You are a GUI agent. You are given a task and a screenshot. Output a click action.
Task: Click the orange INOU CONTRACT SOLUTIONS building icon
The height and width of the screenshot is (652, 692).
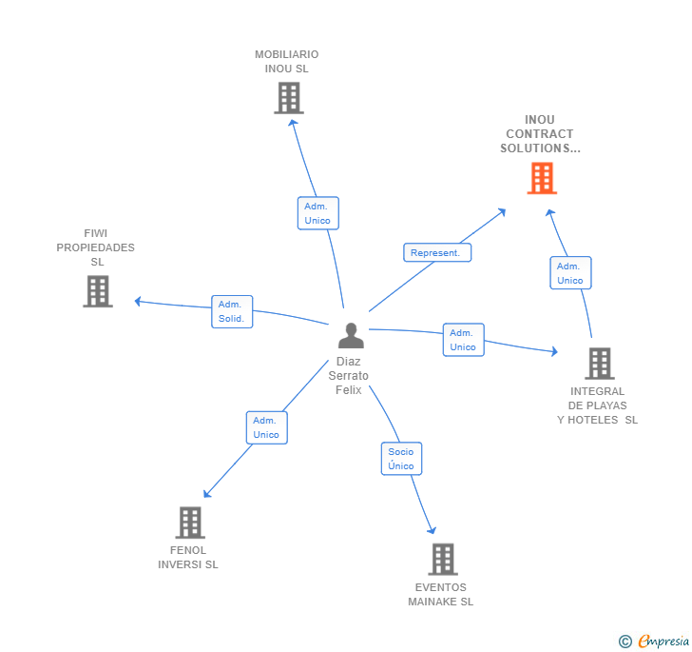click(542, 178)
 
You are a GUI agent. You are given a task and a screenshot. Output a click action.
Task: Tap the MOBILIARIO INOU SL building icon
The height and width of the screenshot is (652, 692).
click(288, 98)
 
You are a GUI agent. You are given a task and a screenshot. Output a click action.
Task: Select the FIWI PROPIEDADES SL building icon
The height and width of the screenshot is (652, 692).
click(97, 291)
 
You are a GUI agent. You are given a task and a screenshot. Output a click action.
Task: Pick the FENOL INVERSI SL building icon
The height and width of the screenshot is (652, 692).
click(190, 523)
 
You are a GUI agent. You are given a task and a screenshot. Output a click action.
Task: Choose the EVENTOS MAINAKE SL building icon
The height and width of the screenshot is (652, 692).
click(442, 560)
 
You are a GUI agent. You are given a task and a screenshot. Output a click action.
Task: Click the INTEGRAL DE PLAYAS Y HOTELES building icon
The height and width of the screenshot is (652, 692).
click(599, 364)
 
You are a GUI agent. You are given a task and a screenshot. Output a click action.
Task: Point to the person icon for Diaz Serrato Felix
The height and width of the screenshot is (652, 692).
click(351, 336)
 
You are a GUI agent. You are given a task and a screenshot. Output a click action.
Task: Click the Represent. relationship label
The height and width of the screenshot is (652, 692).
click(437, 253)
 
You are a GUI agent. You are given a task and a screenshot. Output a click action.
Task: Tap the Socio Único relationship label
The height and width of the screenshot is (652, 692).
click(401, 459)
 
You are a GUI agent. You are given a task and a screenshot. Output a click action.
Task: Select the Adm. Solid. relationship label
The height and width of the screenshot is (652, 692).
click(232, 311)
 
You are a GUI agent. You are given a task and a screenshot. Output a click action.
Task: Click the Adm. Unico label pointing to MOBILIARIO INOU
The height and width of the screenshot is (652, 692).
click(317, 213)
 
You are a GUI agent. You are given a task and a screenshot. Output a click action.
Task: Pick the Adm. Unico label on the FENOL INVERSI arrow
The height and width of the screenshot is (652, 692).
click(266, 427)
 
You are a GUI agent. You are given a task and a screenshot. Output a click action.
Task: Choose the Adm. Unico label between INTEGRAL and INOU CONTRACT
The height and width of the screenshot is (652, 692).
click(570, 273)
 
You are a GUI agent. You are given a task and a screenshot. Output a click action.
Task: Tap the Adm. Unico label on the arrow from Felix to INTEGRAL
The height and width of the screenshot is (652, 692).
click(463, 340)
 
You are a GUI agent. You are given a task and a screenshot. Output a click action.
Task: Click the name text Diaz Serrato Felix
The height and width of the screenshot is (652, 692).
click(349, 376)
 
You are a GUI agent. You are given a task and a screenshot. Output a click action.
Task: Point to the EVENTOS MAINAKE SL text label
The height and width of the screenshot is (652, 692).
click(441, 594)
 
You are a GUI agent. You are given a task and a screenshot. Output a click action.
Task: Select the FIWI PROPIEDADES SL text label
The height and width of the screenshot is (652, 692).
click(96, 247)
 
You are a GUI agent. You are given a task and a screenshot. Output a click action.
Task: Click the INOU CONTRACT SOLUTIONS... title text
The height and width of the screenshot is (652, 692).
click(540, 134)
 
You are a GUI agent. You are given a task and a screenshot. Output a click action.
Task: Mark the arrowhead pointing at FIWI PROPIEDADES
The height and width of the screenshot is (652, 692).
click(138, 302)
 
